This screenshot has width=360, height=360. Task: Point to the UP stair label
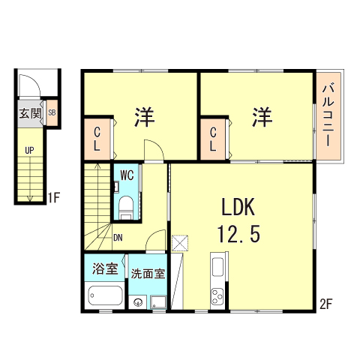[29, 150]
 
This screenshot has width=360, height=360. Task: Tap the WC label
[126, 177]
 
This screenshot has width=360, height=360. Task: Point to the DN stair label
[118, 238]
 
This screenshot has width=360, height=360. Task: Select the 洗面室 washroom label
[148, 274]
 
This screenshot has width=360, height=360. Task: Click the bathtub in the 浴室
[105, 296]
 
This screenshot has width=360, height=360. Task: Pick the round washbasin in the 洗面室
[138, 302]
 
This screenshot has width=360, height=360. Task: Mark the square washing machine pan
[158, 301]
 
